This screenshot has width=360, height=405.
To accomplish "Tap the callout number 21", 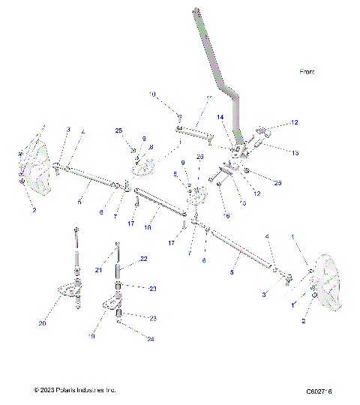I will click(x=99, y=269).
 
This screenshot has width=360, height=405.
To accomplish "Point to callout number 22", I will click(x=143, y=260).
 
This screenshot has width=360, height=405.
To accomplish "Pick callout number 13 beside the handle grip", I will click(x=295, y=152).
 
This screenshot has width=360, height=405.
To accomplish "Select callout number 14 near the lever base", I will click(x=220, y=118).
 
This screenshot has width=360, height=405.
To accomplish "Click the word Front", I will click(x=307, y=73).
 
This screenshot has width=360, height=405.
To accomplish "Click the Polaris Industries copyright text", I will click(x=74, y=390).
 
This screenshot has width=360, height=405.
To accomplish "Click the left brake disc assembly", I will click(x=34, y=163).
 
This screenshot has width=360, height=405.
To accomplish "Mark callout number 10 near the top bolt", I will click(x=151, y=94).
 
